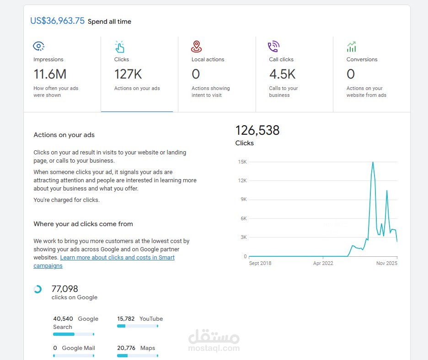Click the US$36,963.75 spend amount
[57, 21]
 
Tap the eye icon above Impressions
[39, 46]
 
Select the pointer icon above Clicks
[119, 47]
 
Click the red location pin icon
[197, 46]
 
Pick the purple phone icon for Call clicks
[273, 46]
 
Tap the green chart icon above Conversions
[351, 47]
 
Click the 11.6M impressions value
[50, 74]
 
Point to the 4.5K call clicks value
[282, 74]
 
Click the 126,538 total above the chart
[257, 131]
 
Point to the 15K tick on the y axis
[242, 162]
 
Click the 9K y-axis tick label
[243, 200]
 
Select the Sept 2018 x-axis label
[260, 264]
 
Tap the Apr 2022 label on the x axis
[323, 264]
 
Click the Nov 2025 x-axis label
[386, 264]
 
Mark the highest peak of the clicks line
[373, 162]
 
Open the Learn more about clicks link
[117, 258]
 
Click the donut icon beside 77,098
[38, 289]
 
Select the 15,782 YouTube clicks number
[126, 319]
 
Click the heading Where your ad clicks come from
[83, 224]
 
